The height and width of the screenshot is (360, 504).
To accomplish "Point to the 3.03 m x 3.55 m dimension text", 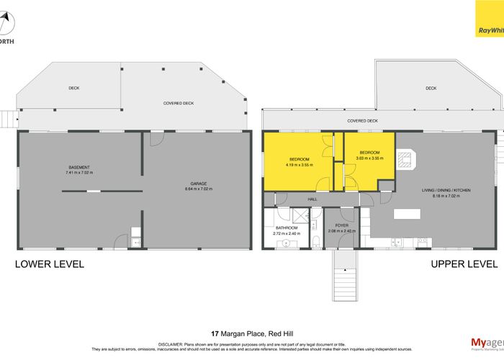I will (370, 158).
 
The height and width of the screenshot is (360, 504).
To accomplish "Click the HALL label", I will (312, 199).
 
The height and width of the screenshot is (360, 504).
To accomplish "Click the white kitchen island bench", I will (407, 215).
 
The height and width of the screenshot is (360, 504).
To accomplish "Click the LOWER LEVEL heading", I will (50, 264).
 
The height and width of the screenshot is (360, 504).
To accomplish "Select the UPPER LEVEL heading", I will (464, 264).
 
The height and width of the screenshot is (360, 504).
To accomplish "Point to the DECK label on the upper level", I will (431, 88).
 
